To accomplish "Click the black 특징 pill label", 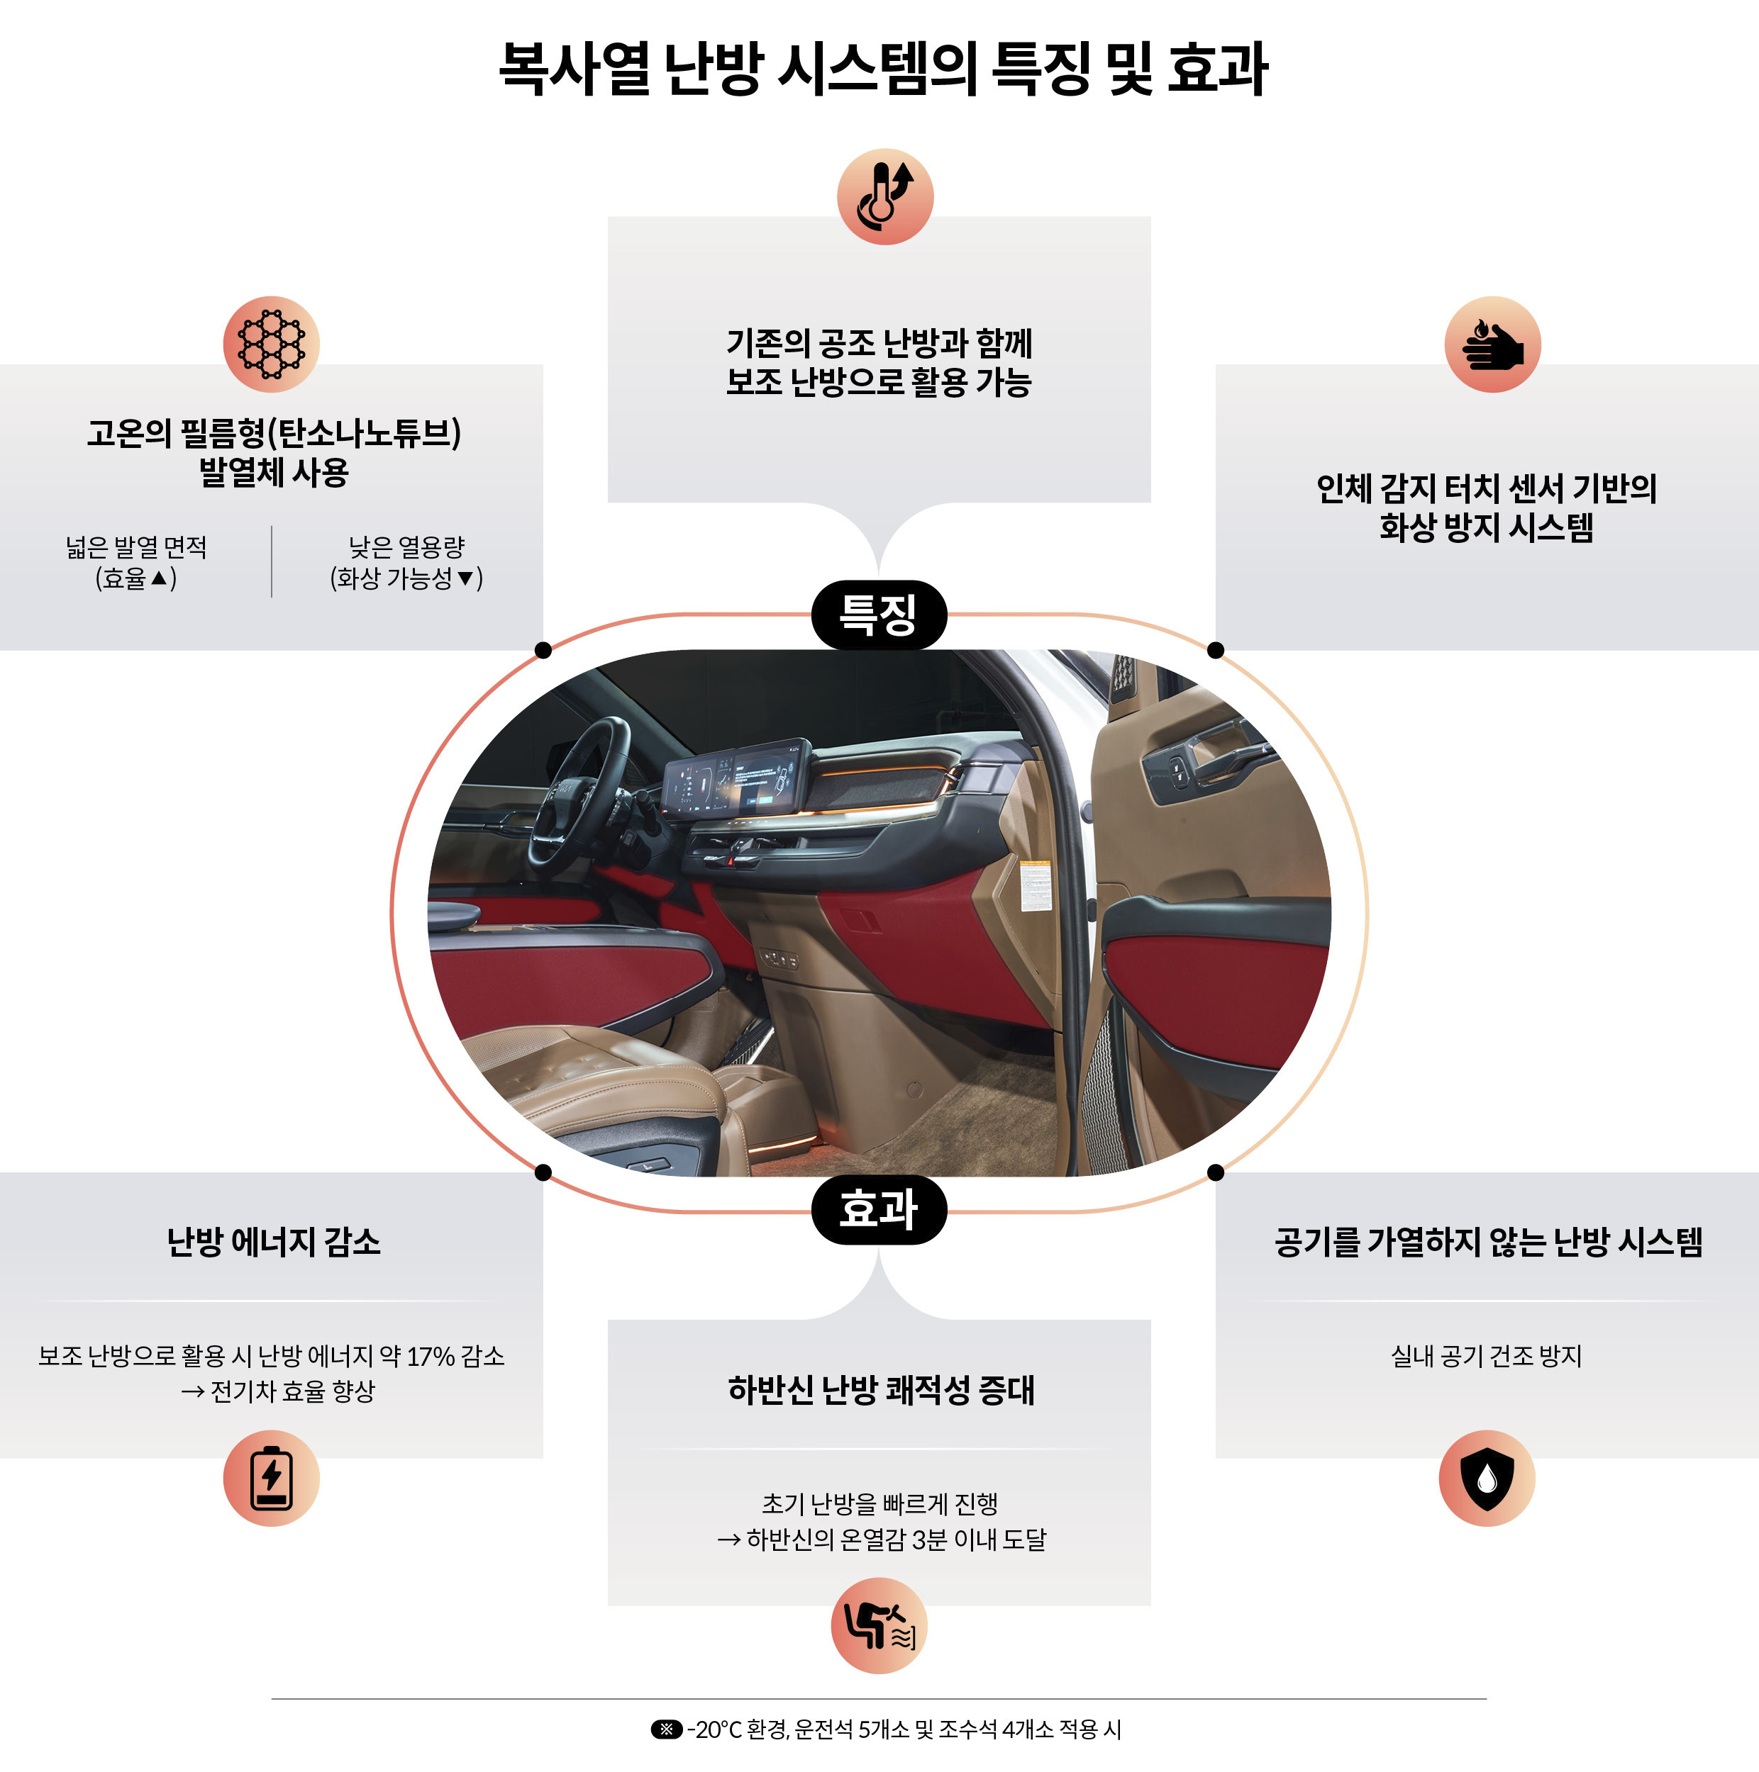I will (x=878, y=615).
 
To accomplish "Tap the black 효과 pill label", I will (x=878, y=1210).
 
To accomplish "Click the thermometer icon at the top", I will (x=884, y=196).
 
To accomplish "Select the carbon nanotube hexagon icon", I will (x=271, y=344).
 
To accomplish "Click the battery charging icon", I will (x=271, y=1478).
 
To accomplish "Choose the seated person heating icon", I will (x=878, y=1625).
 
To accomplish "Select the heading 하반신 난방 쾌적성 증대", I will (x=880, y=1389).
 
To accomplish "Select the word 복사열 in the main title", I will (x=574, y=69).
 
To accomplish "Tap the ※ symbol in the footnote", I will (x=666, y=1729).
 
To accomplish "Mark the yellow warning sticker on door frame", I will (x=1035, y=886).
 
